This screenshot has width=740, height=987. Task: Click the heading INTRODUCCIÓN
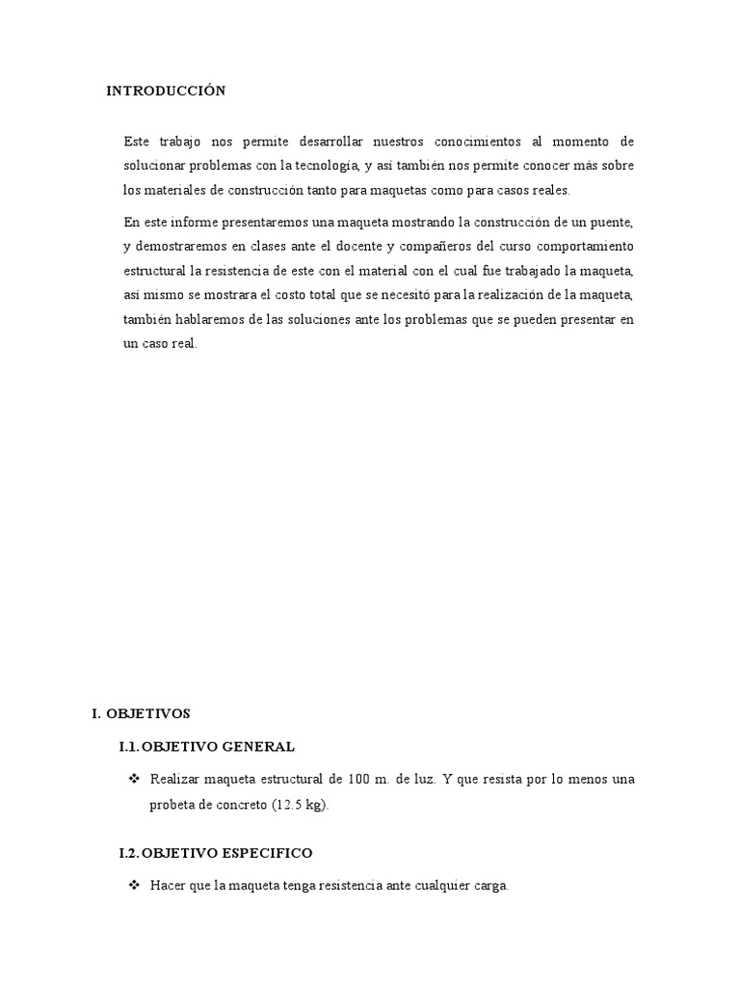coord(166,92)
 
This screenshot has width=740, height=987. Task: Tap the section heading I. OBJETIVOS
coord(141,714)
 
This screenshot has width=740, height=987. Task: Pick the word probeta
coord(171,804)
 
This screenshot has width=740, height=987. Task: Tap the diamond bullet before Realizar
coord(133,779)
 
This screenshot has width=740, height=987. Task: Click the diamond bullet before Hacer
coord(133,885)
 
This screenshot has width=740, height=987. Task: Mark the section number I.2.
coord(130,854)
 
